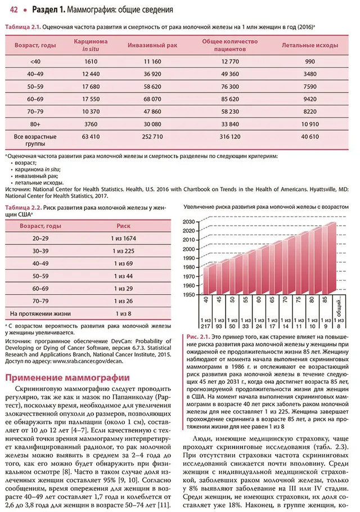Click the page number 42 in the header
(x=11, y=10)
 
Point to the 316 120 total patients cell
(x=229, y=137)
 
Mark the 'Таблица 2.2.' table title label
(x=22, y=208)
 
